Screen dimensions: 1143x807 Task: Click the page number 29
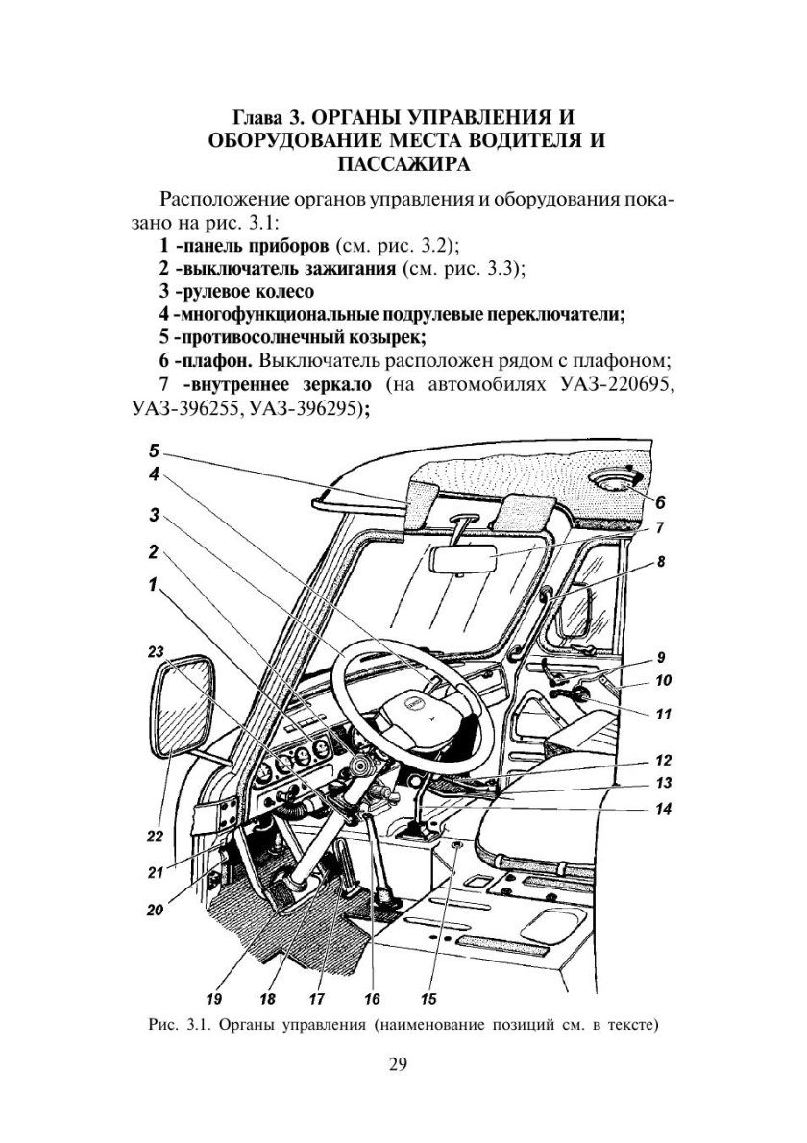pyautogui.click(x=401, y=1065)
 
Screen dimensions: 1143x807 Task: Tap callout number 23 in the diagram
pyautogui.click(x=157, y=651)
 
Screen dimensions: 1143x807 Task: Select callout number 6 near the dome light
pyautogui.click(x=662, y=500)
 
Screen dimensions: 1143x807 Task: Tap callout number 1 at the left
pyautogui.click(x=153, y=585)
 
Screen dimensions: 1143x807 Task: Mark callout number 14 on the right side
pyautogui.click(x=662, y=809)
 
